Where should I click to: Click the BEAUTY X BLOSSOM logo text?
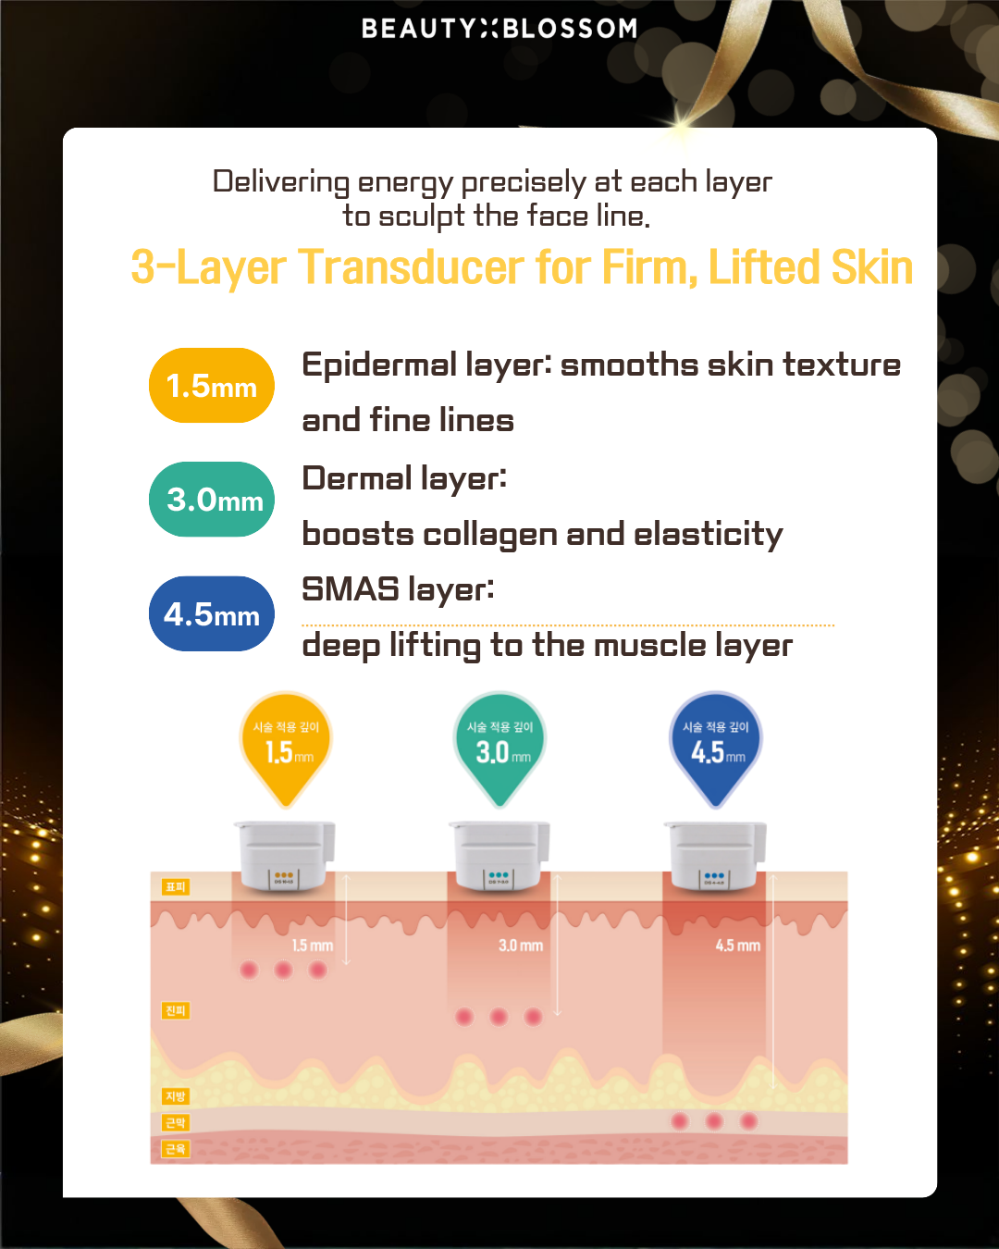499,29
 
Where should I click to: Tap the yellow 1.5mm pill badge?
212,386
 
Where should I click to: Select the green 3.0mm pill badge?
212,500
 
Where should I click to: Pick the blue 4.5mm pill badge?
212,614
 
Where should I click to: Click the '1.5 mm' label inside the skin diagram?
312,946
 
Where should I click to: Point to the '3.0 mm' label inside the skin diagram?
520,946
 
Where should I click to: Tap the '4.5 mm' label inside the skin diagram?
737,946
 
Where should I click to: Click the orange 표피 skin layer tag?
175,887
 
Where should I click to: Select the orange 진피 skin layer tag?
175,1010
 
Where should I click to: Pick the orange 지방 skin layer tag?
175,1096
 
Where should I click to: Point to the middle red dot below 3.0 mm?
499,1017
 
